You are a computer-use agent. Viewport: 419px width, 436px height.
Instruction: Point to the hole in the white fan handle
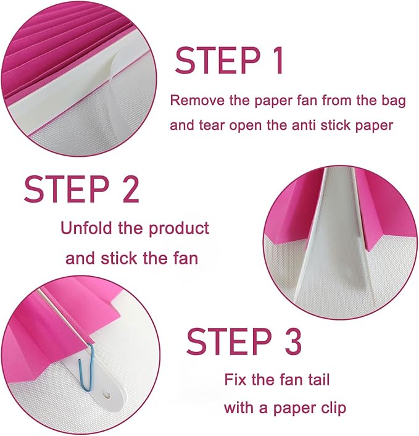click(107, 395)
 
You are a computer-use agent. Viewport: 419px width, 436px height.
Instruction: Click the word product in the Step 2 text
click(179, 229)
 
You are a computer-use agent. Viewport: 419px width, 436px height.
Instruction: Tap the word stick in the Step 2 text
click(119, 258)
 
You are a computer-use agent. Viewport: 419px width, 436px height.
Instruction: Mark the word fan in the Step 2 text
click(188, 258)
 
